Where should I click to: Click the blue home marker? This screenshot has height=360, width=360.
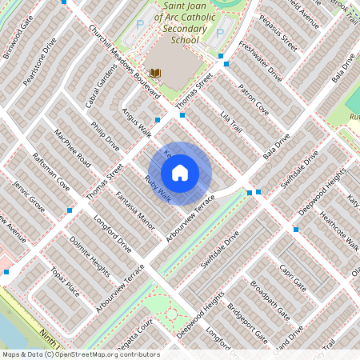[180, 173]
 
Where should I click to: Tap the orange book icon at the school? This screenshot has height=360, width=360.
[156, 74]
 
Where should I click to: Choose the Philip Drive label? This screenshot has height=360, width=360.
[105, 136]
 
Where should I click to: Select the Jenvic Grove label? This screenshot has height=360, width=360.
[28, 195]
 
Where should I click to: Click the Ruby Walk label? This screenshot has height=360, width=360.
[158, 188]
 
